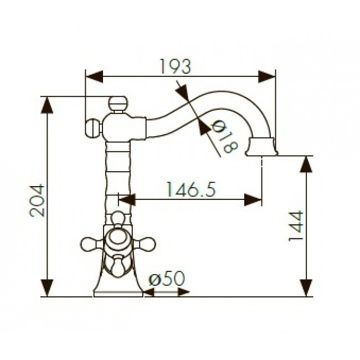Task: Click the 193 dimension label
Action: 175,66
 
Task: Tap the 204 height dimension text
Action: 37,200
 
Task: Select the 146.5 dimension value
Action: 191,189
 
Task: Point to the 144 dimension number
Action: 296,226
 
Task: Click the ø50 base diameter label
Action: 167,278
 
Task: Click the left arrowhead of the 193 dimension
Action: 94,76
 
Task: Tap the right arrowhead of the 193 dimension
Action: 266,76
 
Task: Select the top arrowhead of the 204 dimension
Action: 47,105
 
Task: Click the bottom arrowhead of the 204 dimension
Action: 47,288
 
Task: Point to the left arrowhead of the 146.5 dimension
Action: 127,200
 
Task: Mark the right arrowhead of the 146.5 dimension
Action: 253,200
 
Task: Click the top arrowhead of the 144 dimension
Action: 306,164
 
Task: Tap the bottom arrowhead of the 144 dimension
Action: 306,288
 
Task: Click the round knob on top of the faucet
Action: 118,104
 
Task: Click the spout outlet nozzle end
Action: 261,147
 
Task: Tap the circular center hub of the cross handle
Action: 118,239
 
